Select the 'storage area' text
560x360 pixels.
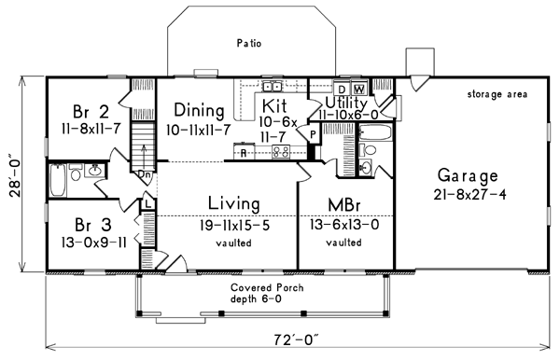click(497, 94)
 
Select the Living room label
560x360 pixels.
click(232, 202)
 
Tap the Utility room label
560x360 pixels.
click(348, 101)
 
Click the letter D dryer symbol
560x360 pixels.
click(343, 89)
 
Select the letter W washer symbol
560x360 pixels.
click(359, 89)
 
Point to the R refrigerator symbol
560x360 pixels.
click(244, 151)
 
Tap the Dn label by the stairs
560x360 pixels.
click(144, 173)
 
